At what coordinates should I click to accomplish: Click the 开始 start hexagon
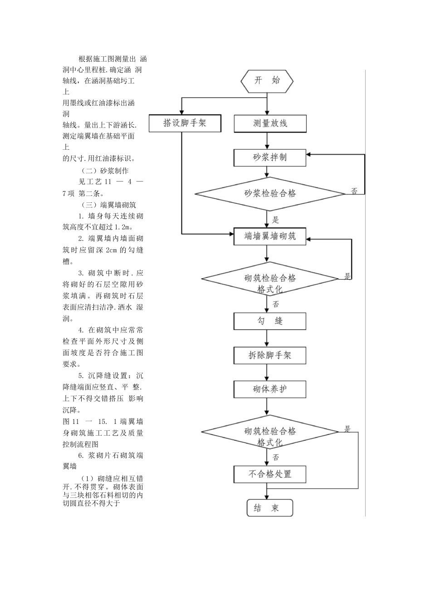pyautogui.click(x=267, y=82)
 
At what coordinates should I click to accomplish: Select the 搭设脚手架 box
pyautogui.click(x=185, y=123)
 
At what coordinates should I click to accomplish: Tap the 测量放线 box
pyautogui.click(x=270, y=123)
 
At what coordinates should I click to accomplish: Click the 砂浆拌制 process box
pyautogui.click(x=270, y=158)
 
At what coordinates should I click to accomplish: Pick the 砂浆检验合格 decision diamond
pyautogui.click(x=270, y=194)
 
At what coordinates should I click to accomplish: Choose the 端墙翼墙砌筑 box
pyautogui.click(x=270, y=236)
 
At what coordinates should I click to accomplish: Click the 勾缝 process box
pyautogui.click(x=270, y=321)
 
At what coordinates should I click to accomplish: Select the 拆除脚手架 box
pyautogui.click(x=270, y=355)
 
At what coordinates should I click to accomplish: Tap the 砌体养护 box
pyautogui.click(x=270, y=389)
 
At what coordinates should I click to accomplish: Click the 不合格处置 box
pyautogui.click(x=270, y=474)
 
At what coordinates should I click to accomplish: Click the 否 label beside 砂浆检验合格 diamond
pyautogui.click(x=354, y=192)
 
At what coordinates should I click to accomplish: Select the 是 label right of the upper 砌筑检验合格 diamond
pyautogui.click(x=348, y=276)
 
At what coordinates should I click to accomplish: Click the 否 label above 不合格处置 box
pyautogui.click(x=276, y=457)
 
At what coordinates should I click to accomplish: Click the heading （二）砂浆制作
pyautogui.click(x=105, y=171)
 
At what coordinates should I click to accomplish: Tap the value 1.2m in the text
pyautogui.click(x=122, y=227)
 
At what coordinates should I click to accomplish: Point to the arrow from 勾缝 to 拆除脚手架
pyautogui.click(x=267, y=339)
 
